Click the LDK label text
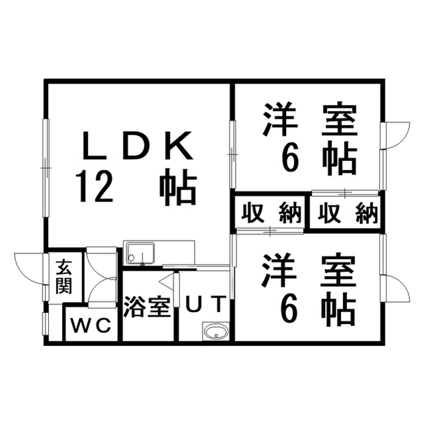[138, 145]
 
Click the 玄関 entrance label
[64, 276]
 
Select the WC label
[91, 325]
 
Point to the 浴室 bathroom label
[147, 307]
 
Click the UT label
[207, 303]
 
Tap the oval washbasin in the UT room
[215, 331]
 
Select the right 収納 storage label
[348, 213]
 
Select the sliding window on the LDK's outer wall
[46, 168]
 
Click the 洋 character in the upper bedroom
[281, 119]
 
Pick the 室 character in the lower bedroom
[339, 270]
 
